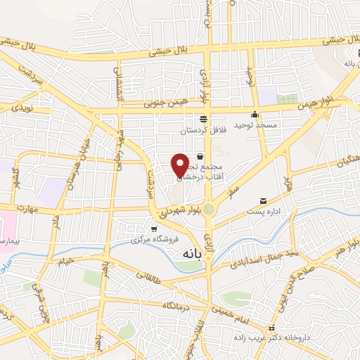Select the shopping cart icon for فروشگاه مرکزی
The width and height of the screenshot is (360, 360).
[154, 229]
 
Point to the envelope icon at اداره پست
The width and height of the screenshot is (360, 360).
[264, 200]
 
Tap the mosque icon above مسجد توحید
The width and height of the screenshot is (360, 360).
[255, 114]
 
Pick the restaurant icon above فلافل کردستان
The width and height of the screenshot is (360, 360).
[203, 119]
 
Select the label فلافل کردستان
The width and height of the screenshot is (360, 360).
[202, 130]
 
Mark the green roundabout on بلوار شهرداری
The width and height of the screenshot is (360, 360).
[208, 210]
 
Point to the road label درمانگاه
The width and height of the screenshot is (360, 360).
[179, 306]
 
